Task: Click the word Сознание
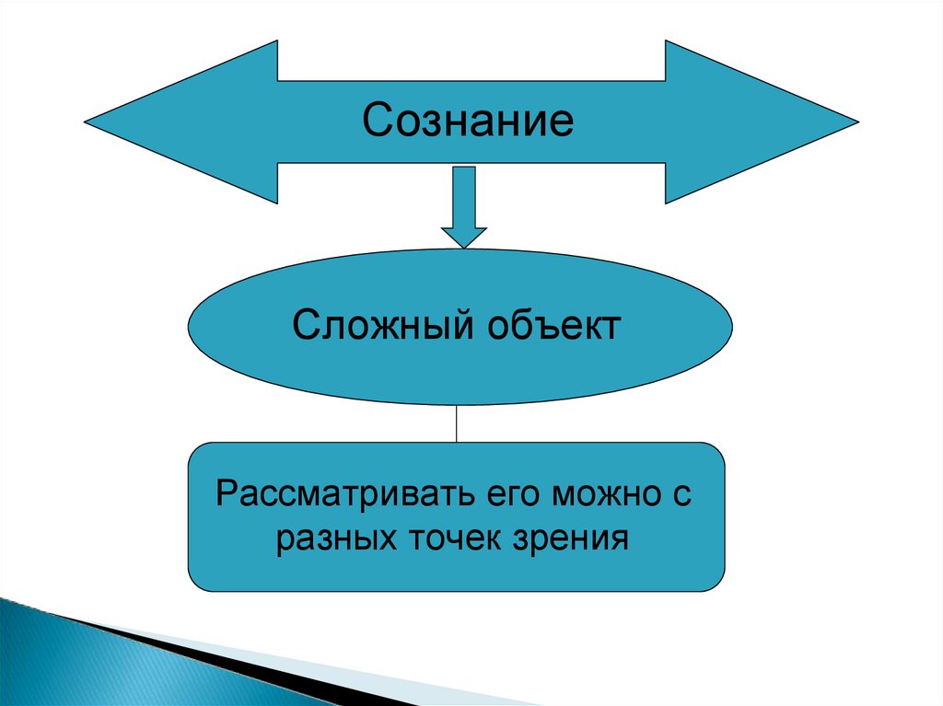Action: click(468, 121)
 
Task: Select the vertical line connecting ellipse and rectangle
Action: click(458, 423)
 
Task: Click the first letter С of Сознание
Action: click(377, 121)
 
